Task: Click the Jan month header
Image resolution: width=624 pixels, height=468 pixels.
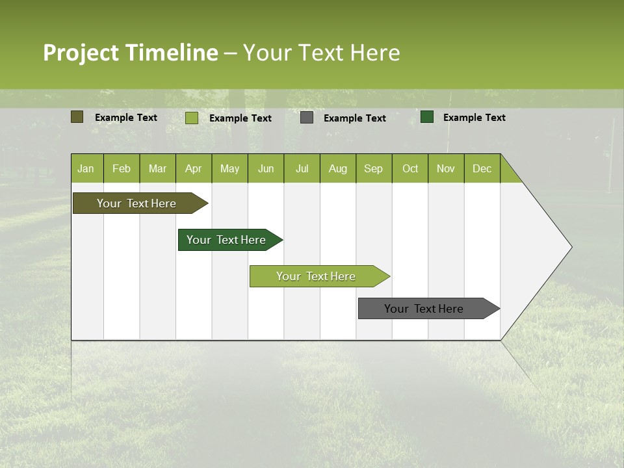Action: [86, 168]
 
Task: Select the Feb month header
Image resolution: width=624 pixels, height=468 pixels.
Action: [122, 168]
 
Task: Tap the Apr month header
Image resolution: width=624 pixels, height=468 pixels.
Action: [193, 168]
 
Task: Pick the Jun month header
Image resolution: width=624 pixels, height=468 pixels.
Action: [266, 168]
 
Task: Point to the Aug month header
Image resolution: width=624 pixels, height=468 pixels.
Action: [337, 168]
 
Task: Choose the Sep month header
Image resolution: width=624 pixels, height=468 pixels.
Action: [373, 168]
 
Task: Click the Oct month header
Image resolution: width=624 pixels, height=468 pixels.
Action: [410, 168]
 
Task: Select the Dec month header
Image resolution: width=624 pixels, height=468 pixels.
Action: [482, 168]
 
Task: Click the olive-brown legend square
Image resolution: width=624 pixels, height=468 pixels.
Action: [77, 117]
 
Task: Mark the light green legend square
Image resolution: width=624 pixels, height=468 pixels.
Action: [192, 118]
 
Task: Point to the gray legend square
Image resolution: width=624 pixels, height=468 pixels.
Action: [307, 118]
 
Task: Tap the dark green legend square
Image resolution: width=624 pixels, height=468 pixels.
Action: [427, 117]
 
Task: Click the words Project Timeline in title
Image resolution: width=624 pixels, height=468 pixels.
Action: [131, 53]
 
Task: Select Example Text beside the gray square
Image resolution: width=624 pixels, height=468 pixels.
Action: [355, 118]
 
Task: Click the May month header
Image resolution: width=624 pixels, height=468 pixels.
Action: [229, 168]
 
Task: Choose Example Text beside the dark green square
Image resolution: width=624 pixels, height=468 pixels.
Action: [474, 118]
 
